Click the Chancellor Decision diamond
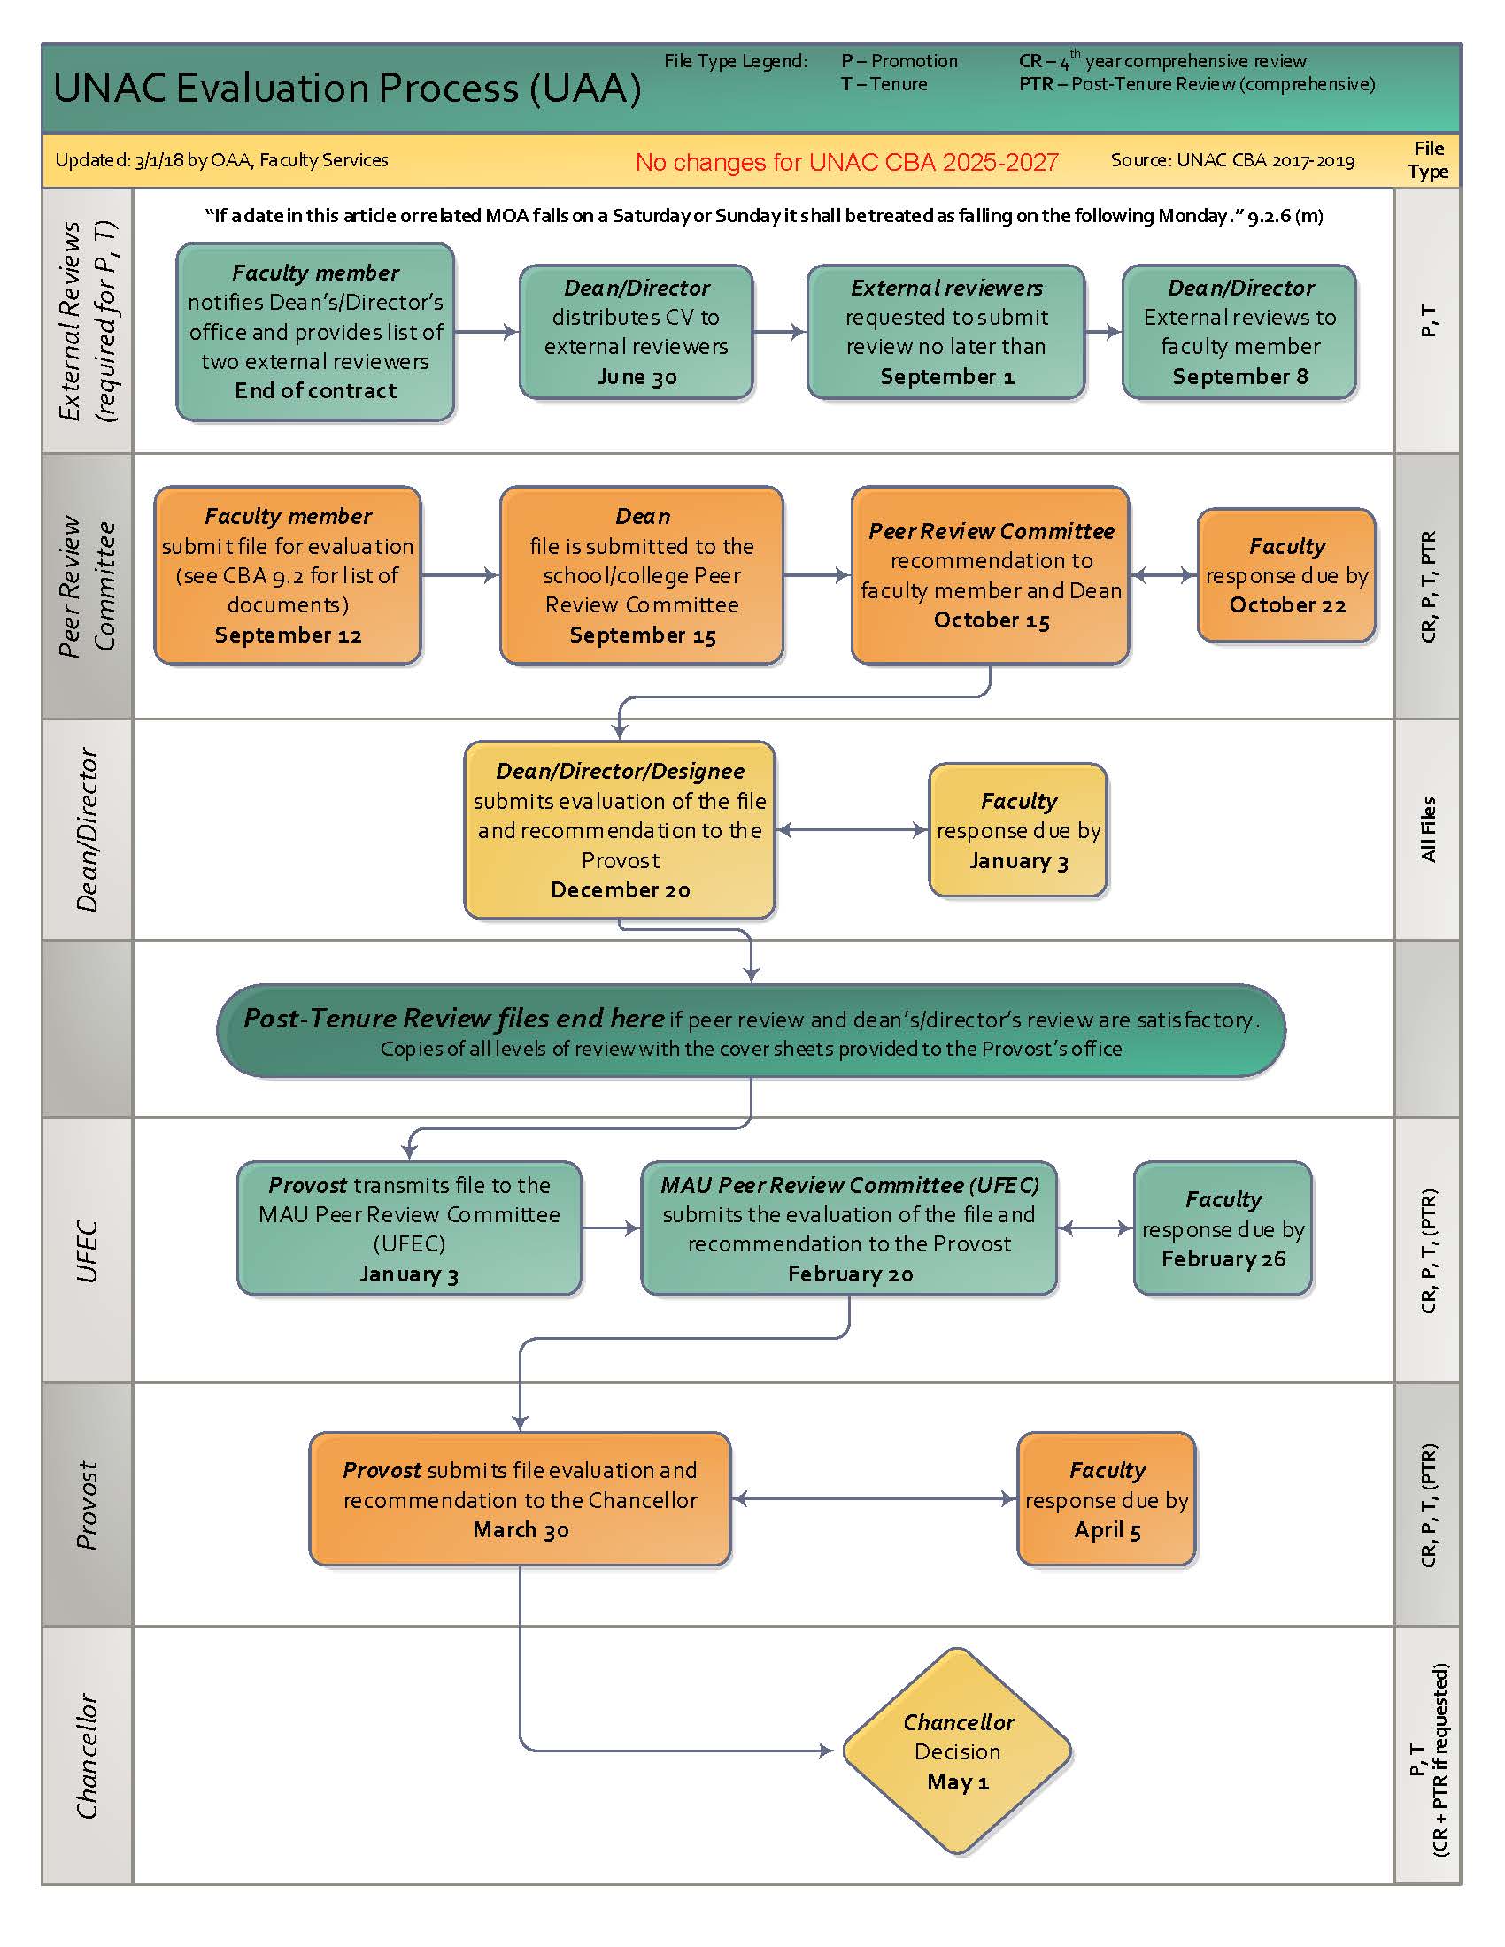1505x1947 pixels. [x=957, y=1751]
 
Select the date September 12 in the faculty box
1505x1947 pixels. [x=288, y=635]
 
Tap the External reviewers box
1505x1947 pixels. [x=945, y=332]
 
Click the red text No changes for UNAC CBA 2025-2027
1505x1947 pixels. [x=846, y=162]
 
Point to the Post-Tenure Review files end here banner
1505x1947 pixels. [x=751, y=1030]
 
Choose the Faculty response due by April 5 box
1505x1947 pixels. [x=1106, y=1499]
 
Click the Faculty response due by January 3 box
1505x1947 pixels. [x=1017, y=831]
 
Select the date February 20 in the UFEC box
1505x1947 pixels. [x=850, y=1274]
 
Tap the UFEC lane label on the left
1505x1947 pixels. [x=88, y=1251]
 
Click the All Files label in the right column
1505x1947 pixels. [x=1427, y=829]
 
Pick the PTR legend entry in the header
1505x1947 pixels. [x=1197, y=85]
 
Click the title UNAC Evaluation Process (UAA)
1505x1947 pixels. [x=348, y=88]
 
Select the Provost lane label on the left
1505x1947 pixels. [x=88, y=1504]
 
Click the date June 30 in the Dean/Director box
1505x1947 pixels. [x=637, y=376]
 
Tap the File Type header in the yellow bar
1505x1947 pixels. [x=1427, y=160]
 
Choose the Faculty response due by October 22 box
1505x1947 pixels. [x=1285, y=576]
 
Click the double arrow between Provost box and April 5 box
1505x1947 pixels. [x=873, y=1499]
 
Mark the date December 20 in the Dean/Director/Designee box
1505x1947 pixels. [x=620, y=889]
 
